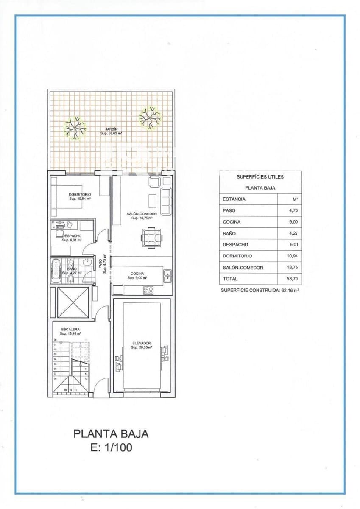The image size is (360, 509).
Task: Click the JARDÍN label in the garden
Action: click(111, 129)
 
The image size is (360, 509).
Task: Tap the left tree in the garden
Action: click(75, 128)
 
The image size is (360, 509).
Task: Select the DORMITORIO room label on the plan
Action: click(80, 194)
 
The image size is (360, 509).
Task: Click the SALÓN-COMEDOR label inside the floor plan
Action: click(142, 214)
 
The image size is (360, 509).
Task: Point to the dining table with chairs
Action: click(151, 237)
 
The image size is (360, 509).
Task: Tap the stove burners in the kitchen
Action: click(148, 291)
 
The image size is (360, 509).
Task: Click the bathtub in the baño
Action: click(56, 271)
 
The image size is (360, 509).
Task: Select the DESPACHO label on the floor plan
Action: click(72, 235)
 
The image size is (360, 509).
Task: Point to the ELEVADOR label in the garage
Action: click(141, 343)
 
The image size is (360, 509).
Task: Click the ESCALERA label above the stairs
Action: click(70, 329)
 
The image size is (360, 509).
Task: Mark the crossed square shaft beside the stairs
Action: click(73, 302)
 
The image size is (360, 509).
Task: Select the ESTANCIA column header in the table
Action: click(234, 199)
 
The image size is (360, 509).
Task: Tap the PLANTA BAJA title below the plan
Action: click(111, 434)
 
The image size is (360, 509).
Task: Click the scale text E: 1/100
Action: click(111, 447)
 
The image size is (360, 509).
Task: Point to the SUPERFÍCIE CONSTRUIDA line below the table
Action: click(260, 291)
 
